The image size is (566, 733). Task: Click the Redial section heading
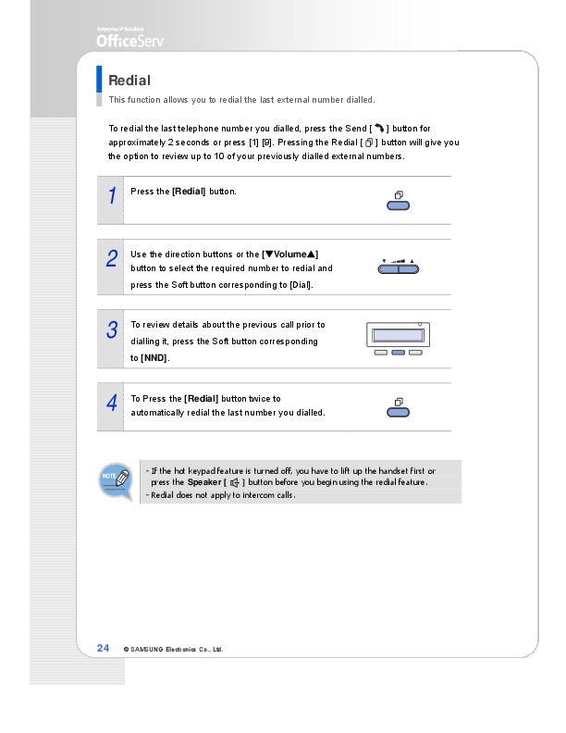click(129, 81)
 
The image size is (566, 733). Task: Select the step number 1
click(111, 196)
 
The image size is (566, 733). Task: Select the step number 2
click(111, 259)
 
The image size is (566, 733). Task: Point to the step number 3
click(111, 329)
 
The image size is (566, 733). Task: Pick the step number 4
click(111, 404)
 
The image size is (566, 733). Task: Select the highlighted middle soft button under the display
click(399, 353)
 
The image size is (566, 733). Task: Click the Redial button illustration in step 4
click(399, 411)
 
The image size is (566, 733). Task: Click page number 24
click(104, 648)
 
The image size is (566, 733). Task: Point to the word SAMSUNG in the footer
click(148, 649)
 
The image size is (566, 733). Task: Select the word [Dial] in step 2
click(300, 284)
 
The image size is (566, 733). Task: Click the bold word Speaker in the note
click(204, 482)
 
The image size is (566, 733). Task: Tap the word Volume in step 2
click(291, 254)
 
